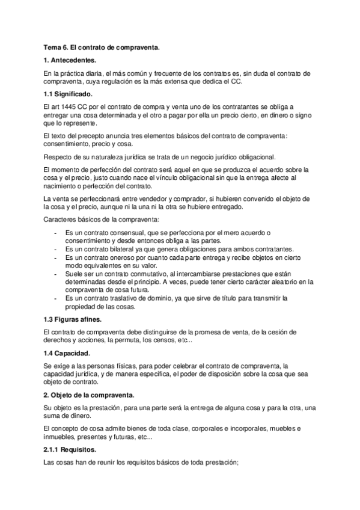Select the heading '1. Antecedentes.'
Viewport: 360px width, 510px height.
[x=70, y=61]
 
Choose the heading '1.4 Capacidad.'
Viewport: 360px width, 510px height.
[x=67, y=353]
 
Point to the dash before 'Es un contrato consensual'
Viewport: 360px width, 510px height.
[x=55, y=233]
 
